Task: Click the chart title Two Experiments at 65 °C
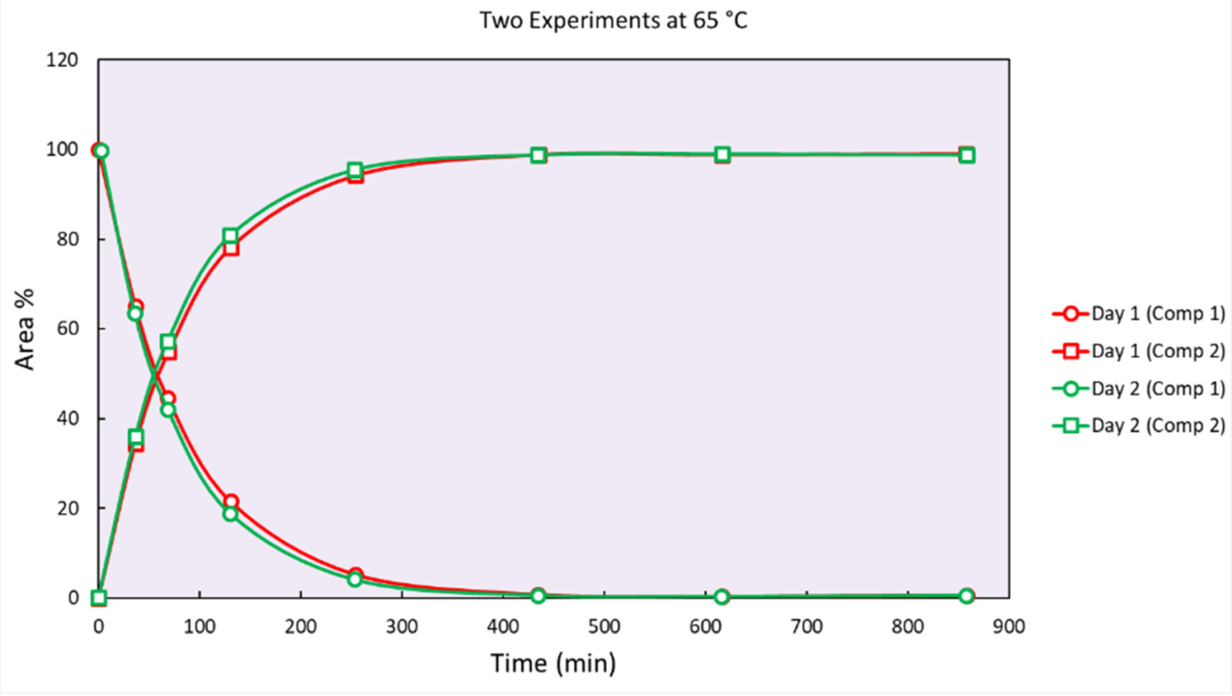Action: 613,21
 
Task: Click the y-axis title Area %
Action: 26,329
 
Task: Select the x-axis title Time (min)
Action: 553,664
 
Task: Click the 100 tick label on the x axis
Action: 199,627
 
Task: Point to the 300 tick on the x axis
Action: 402,627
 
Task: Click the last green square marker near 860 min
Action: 966,155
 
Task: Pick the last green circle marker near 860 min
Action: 966,596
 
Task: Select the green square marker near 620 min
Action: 723,155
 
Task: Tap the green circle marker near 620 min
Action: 723,596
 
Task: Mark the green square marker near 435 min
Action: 538,155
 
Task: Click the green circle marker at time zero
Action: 100,151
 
